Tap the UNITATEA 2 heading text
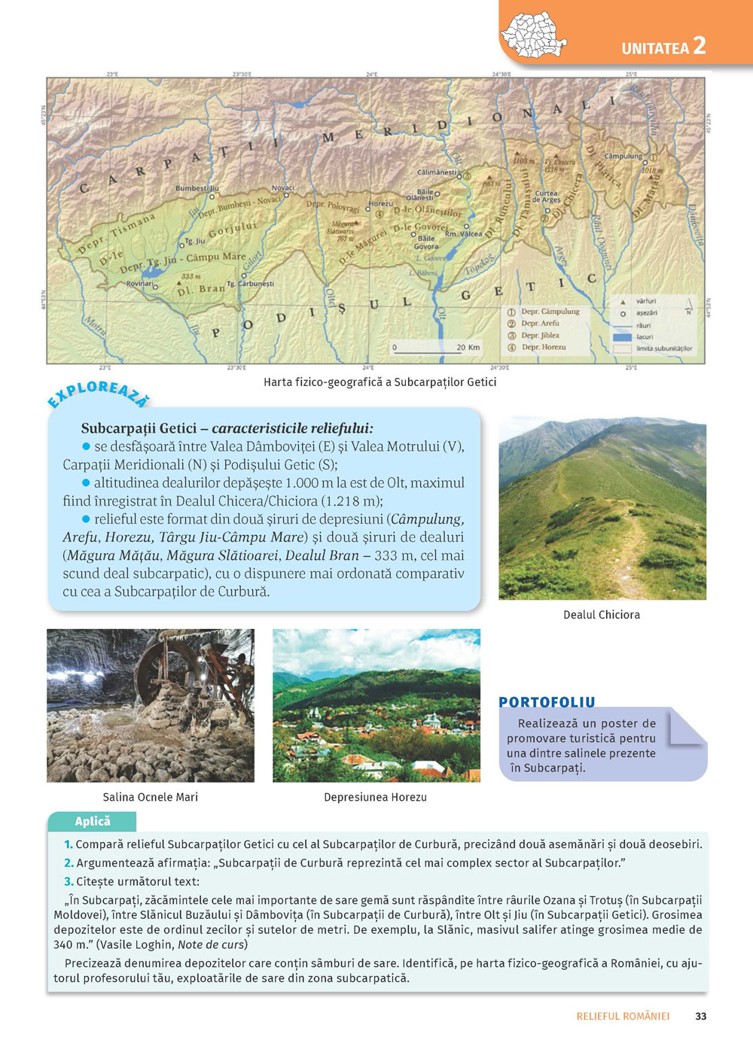click(x=663, y=47)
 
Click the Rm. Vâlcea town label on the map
click(x=463, y=234)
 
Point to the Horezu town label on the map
click(x=380, y=204)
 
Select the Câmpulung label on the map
click(x=623, y=157)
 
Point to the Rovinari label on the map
click(x=139, y=284)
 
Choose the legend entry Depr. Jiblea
click(x=540, y=336)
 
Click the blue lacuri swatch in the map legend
click(x=622, y=337)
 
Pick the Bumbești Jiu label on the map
click(x=197, y=189)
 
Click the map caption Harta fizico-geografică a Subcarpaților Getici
click(x=380, y=382)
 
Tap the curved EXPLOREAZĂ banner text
click(x=98, y=394)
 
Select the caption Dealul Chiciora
click(x=601, y=615)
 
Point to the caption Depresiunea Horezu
click(x=375, y=797)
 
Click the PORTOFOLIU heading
click(x=547, y=702)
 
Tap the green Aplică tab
click(x=92, y=821)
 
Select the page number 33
click(x=700, y=1016)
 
